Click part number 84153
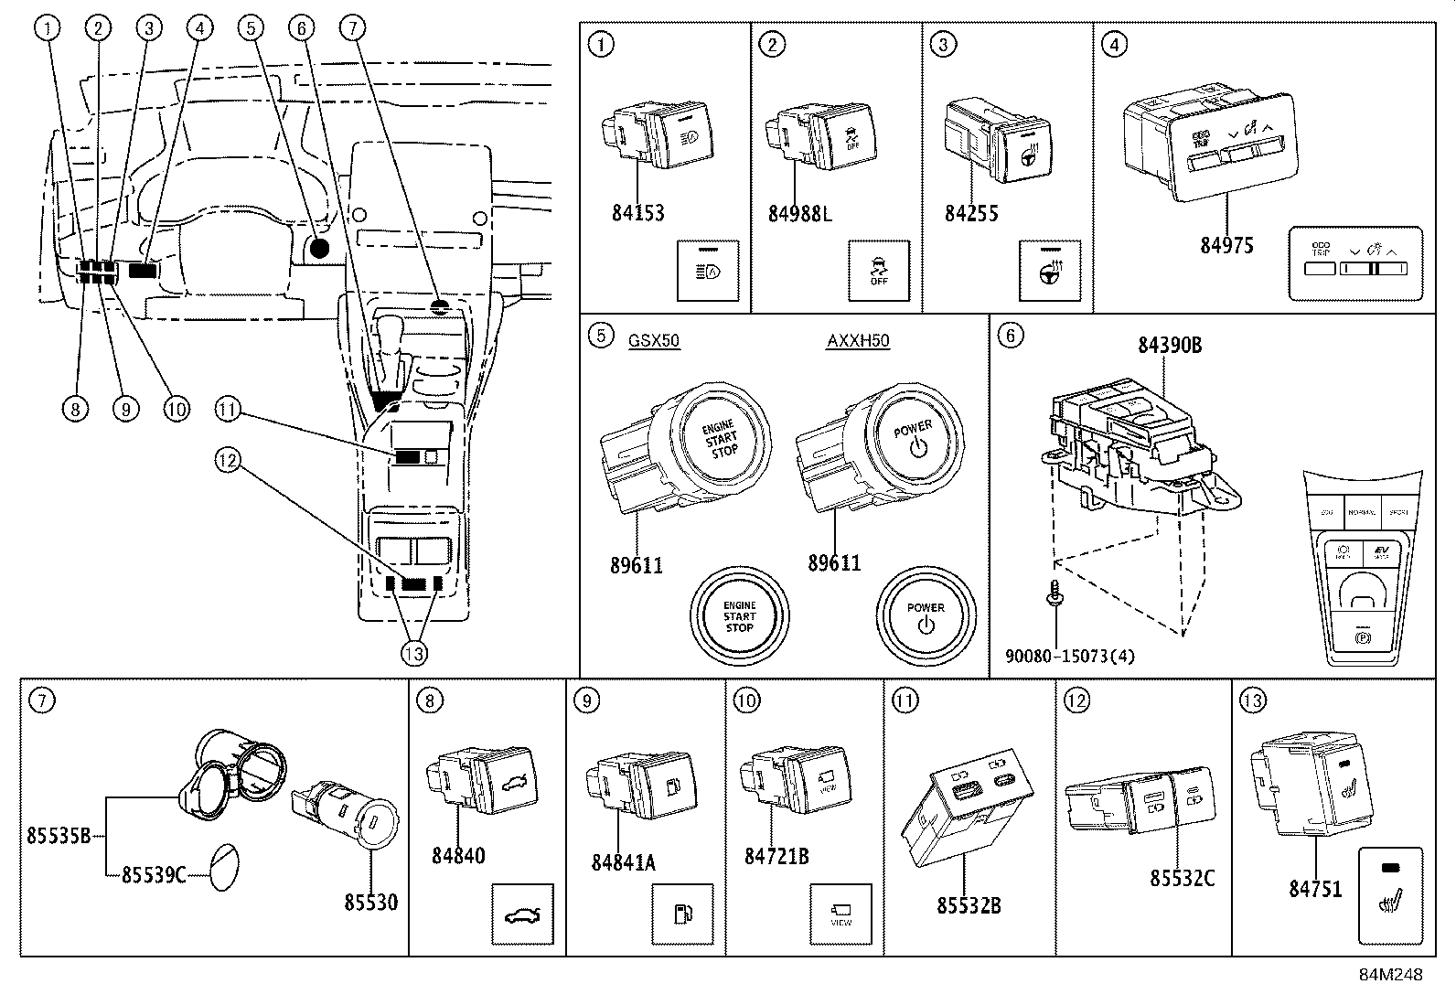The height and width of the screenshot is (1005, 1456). (637, 213)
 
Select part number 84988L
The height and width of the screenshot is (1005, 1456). (800, 214)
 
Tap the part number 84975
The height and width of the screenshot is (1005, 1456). (1226, 245)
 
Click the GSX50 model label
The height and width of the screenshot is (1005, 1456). (654, 341)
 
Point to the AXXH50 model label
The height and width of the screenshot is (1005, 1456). (858, 341)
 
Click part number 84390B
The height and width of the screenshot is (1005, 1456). (1169, 345)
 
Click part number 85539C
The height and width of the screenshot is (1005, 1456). (154, 875)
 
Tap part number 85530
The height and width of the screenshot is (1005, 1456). (370, 902)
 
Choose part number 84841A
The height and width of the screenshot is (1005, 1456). (623, 861)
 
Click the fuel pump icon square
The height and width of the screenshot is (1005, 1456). (682, 914)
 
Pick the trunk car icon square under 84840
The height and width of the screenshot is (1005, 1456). (522, 914)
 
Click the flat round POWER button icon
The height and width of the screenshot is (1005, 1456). (925, 615)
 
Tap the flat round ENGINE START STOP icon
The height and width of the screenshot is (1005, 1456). (739, 615)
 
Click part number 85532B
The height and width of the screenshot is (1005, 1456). (969, 905)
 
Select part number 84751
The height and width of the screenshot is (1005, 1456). (1315, 888)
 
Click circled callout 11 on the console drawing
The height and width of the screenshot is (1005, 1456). (229, 412)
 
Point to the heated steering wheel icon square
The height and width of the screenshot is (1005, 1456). (1050, 271)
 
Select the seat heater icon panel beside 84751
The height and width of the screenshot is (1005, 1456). (1391, 896)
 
